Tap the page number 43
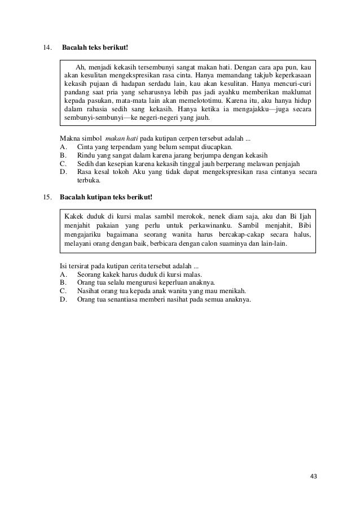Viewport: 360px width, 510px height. point(314,476)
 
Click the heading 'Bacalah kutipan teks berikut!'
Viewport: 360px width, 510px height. point(106,197)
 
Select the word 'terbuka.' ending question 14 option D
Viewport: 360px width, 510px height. point(89,181)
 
